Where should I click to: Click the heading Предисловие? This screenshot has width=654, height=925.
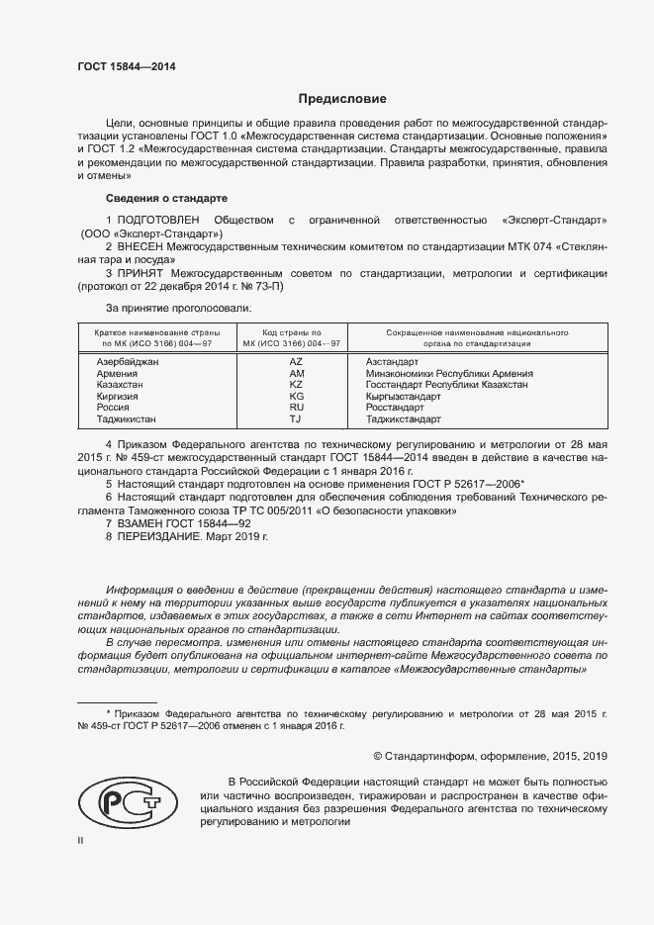(x=343, y=99)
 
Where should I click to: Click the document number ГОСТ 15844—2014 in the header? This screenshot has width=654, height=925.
(x=128, y=67)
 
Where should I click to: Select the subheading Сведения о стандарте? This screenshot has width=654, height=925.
(x=166, y=198)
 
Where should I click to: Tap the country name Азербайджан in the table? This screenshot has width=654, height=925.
(x=128, y=363)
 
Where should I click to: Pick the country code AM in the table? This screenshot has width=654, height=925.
(x=296, y=374)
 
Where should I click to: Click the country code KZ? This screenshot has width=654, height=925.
(x=296, y=385)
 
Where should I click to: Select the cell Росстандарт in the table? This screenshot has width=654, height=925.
(x=395, y=408)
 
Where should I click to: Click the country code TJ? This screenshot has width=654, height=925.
(x=296, y=419)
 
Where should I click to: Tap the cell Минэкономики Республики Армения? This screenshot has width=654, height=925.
(x=449, y=374)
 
